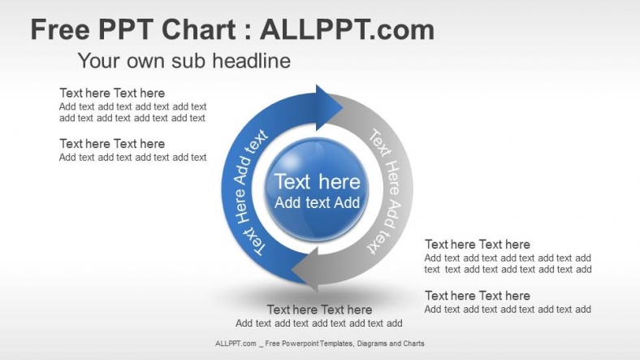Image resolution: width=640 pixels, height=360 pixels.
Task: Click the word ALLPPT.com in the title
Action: pos(347,30)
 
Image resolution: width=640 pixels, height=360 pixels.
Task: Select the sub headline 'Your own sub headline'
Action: pos(184,61)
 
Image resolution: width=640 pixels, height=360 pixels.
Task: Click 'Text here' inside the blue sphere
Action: pos(317,182)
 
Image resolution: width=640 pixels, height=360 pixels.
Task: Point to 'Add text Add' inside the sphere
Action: pos(317,203)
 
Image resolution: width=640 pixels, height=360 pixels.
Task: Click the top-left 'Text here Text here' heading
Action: pos(112,93)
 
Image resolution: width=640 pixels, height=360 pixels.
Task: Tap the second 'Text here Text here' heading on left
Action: pos(112,144)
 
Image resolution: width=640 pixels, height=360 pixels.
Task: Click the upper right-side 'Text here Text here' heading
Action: pos(478,245)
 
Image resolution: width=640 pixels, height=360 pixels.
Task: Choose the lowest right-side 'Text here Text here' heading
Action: pos(478,296)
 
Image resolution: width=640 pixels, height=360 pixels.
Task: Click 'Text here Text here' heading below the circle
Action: pos(319,310)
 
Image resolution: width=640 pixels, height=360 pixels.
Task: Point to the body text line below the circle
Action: pos(319,323)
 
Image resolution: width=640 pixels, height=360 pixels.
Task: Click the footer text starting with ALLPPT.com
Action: pos(319,344)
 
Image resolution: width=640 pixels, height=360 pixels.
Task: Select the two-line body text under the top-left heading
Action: pos(132,112)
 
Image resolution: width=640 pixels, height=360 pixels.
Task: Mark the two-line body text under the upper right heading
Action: pos(508,263)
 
